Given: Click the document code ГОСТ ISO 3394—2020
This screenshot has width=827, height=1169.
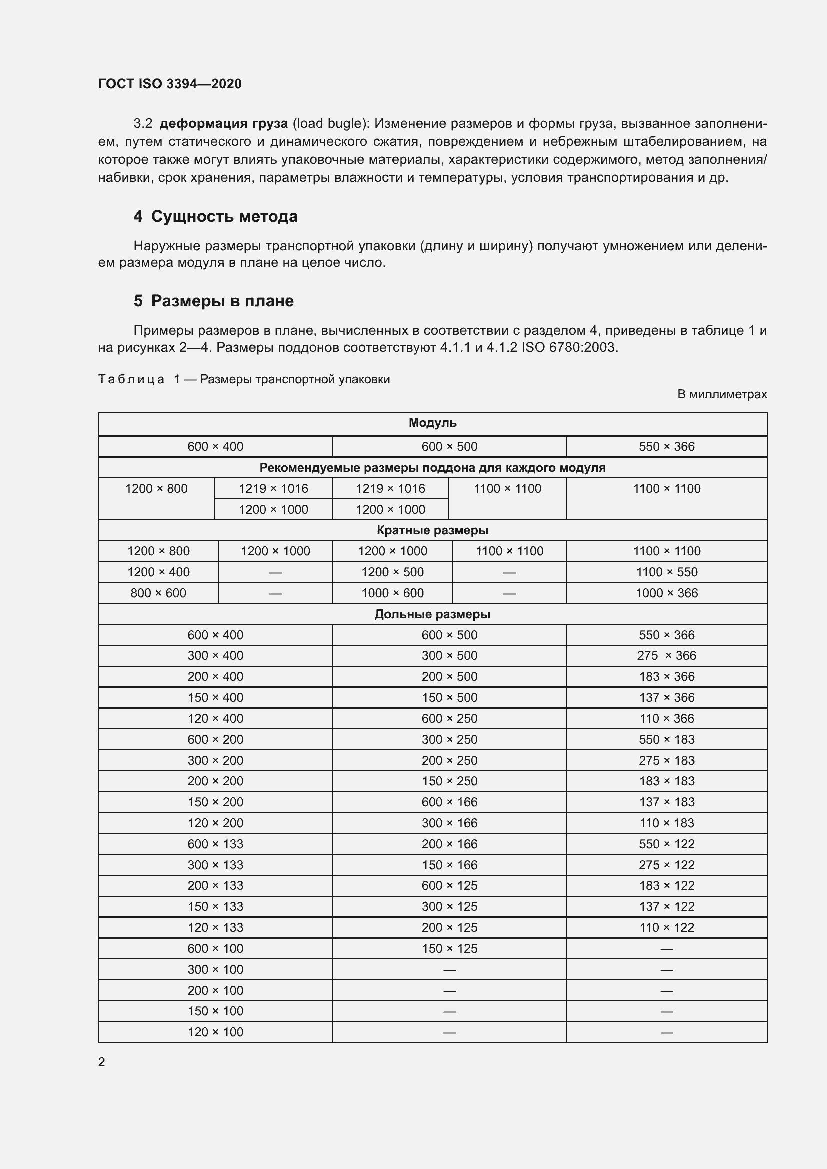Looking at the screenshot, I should (x=170, y=84).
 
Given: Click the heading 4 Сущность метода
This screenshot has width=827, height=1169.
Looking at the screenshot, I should (x=215, y=216).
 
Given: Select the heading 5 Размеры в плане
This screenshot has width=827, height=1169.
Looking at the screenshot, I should (x=213, y=301).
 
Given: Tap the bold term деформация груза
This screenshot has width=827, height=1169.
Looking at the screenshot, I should (x=223, y=124).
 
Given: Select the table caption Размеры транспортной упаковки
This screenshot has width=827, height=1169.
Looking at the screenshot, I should (x=295, y=379).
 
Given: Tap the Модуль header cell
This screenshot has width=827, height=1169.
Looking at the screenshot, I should (x=432, y=423).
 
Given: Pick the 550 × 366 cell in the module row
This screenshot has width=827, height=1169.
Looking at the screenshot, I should (x=666, y=446).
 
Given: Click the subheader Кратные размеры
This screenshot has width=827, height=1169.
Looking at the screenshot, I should (x=432, y=530).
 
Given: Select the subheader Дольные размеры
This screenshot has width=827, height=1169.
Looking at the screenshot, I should (x=432, y=614).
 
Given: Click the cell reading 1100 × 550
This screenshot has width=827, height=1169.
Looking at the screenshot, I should (x=666, y=572).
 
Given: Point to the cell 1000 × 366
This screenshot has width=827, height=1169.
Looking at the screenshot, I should (x=666, y=593).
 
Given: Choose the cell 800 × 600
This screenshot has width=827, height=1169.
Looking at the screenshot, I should (x=158, y=593).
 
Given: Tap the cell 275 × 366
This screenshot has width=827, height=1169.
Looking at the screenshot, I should (x=666, y=655).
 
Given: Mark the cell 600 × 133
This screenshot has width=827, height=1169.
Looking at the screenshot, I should (x=215, y=844).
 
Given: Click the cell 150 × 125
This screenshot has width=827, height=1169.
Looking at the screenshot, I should (x=449, y=948).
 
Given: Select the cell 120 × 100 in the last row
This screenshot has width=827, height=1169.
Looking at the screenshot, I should (x=215, y=1032).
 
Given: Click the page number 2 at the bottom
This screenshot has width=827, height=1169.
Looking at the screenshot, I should (x=102, y=1062).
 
